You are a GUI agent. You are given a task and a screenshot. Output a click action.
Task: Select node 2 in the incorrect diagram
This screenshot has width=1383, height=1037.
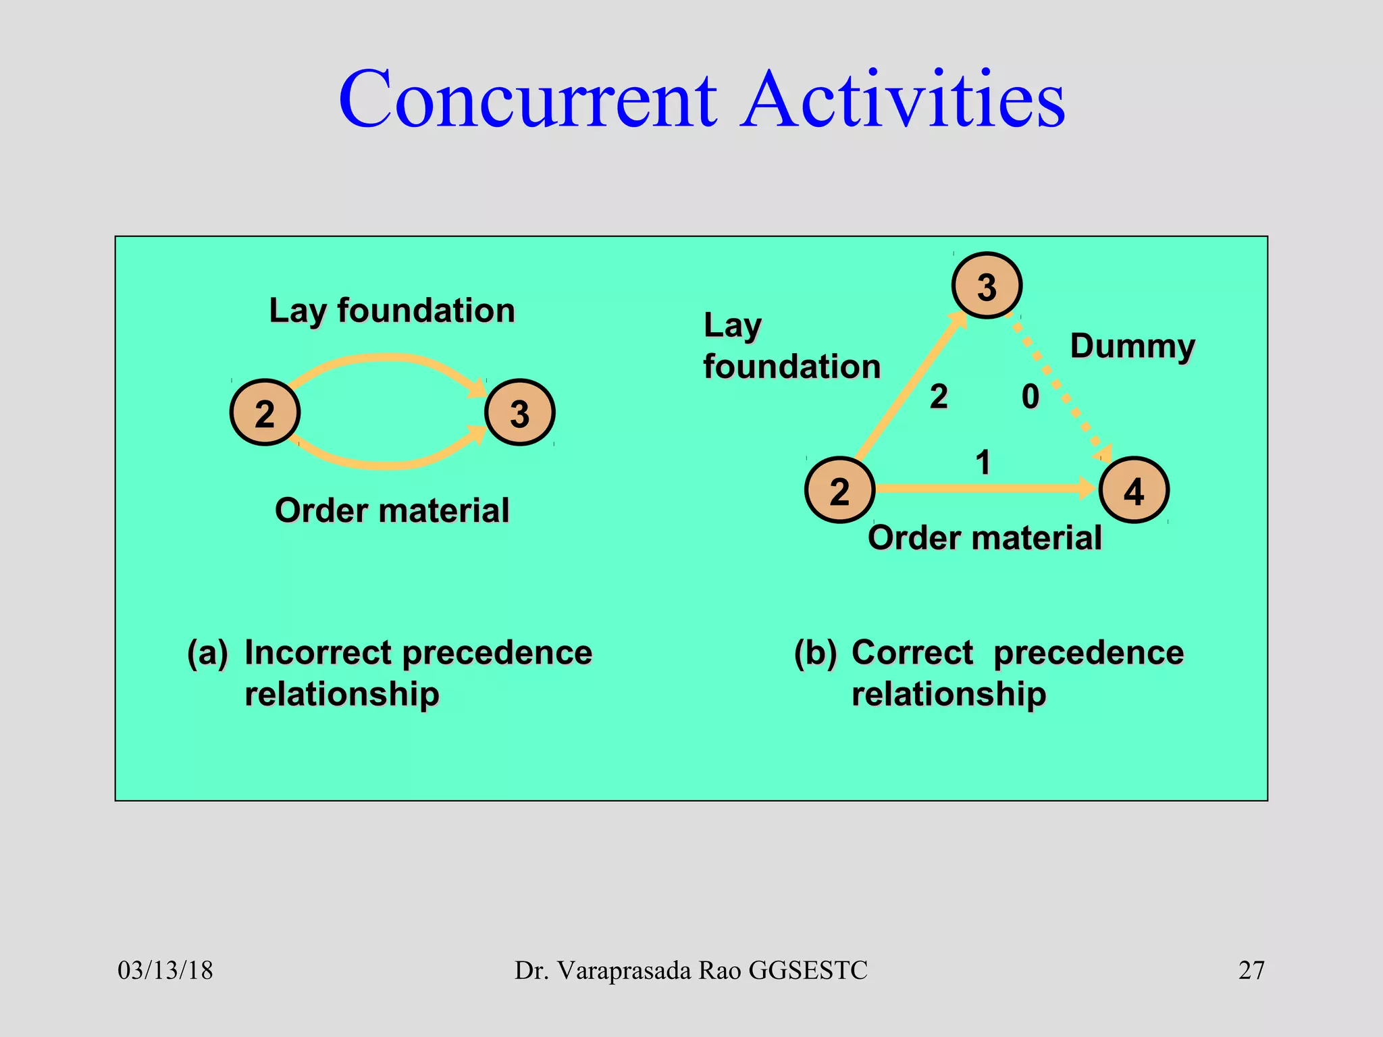265,413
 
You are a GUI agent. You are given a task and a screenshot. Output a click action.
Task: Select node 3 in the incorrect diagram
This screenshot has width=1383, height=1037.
520,413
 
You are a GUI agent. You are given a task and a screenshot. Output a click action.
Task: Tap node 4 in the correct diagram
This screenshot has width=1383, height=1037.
1134,491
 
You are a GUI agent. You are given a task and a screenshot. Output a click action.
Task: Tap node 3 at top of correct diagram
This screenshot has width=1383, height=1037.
987,286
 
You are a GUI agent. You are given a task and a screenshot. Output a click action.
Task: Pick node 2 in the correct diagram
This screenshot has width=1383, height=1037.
839,491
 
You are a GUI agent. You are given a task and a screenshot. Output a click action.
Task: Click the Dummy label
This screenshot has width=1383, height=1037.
1132,346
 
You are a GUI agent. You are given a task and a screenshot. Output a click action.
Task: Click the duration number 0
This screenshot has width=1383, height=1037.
1030,397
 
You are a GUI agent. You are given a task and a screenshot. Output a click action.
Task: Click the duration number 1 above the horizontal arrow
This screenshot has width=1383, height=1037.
983,463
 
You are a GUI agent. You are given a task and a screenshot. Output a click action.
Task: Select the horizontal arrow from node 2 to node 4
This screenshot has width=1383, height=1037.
979,488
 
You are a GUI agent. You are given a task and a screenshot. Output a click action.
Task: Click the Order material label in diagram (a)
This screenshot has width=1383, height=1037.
392,510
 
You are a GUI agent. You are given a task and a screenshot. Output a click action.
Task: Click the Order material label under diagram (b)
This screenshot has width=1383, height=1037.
985,538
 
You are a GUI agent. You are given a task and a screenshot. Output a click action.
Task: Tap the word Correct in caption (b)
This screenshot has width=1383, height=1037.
912,653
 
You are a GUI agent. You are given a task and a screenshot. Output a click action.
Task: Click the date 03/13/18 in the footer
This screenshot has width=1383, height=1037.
165,971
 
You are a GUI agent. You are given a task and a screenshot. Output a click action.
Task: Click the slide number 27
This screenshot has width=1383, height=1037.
1251,971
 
